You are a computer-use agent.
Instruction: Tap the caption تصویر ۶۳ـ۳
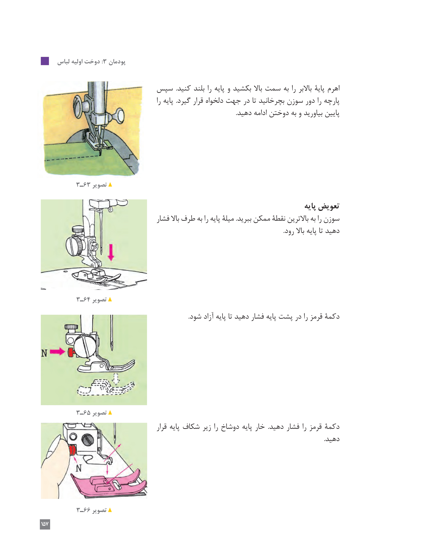click(x=94, y=185)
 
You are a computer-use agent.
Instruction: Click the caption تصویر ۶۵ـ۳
click(x=94, y=413)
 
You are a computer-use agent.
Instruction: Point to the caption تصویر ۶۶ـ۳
click(x=94, y=510)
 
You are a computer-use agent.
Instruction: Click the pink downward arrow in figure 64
click(x=111, y=252)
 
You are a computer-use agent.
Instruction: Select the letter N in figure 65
click(x=44, y=353)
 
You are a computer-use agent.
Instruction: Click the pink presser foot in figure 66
click(x=108, y=484)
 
